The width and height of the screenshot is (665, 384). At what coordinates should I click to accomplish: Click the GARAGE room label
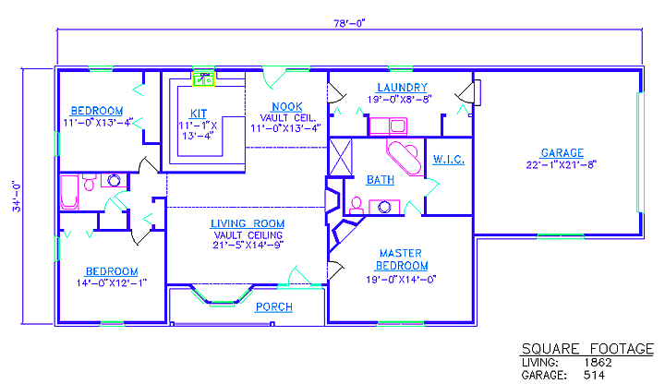tap(562, 153)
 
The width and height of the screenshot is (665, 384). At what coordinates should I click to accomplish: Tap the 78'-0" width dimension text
tap(349, 23)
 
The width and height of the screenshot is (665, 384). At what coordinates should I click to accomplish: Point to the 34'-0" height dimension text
tap(16, 197)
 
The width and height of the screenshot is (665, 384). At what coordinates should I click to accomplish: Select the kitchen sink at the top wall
tap(203, 79)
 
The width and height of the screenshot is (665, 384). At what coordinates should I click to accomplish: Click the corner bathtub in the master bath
tap(405, 156)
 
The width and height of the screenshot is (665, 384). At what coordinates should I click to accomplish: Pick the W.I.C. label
tap(448, 160)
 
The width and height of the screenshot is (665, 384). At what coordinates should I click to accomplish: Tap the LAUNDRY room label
tap(402, 88)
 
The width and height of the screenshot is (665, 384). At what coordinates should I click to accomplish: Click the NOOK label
tap(287, 107)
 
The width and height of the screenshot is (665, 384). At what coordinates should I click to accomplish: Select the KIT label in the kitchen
tap(199, 114)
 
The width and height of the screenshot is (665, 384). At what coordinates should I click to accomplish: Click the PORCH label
tap(274, 306)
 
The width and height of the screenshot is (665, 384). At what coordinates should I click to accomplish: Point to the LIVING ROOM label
tap(248, 223)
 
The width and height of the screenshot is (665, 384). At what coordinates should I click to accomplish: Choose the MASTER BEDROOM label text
tap(401, 259)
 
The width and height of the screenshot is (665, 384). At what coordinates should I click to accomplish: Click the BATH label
tap(381, 180)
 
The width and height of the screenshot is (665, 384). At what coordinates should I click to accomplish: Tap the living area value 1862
tap(598, 363)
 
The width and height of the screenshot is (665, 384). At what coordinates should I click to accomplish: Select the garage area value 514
tap(594, 375)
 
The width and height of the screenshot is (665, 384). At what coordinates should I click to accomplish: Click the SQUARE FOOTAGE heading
tap(587, 349)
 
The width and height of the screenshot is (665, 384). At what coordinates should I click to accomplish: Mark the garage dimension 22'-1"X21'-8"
tap(562, 164)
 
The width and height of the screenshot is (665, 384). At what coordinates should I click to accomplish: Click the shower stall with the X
tap(341, 157)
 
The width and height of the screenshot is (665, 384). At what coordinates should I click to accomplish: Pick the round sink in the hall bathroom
tap(114, 181)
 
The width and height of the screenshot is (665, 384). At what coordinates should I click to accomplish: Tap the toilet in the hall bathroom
tap(89, 182)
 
